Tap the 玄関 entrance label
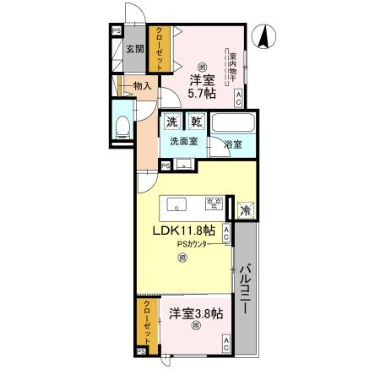click(x=134, y=48)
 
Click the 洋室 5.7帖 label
click(x=201, y=86)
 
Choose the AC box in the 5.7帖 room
click(x=241, y=97)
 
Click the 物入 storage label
click(x=141, y=85)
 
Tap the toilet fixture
click(x=122, y=127)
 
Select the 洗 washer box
click(x=172, y=122)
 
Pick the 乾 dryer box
click(x=196, y=122)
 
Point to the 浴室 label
click(x=232, y=144)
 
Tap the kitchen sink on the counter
click(x=177, y=203)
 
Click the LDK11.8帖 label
click(x=183, y=230)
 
